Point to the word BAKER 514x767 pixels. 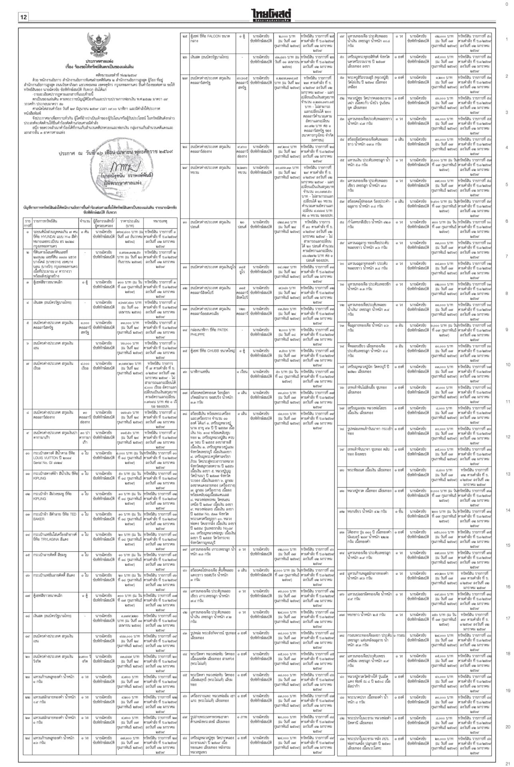(39, 519)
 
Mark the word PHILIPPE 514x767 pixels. (197, 334)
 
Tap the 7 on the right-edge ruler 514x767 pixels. (507, 256)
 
